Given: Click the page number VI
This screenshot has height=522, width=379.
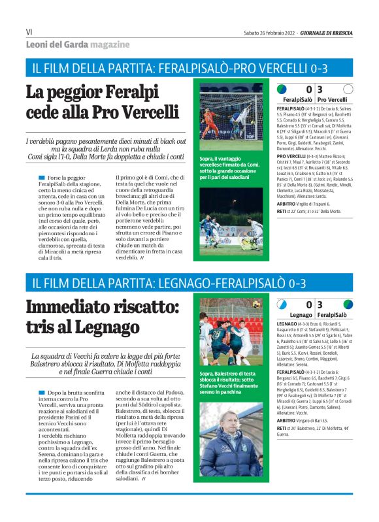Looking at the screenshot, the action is coord(29,31).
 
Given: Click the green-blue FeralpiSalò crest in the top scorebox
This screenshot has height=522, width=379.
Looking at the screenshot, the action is coord(282,89).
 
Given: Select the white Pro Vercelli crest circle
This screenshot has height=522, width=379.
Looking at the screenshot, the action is coord(348,89).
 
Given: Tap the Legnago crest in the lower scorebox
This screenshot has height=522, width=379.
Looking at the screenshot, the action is coord(282,304).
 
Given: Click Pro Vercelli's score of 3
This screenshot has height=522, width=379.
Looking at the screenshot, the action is coord(320,90).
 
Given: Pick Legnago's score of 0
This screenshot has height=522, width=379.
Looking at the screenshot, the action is coord(308,304).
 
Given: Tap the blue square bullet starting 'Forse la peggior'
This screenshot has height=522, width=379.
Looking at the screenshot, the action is coord(42,178).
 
